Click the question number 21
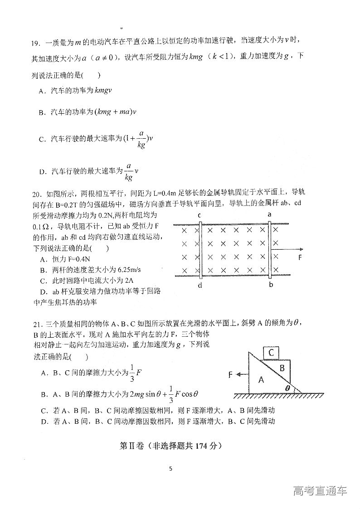pyautogui.click(x=36, y=324)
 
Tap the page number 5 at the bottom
pyautogui.click(x=170, y=469)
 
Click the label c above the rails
pyautogui.click(x=199, y=214)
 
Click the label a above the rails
pyautogui.click(x=270, y=214)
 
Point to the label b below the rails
pyautogui.click(x=270, y=285)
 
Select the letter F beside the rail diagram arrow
pyautogui.click(x=300, y=257)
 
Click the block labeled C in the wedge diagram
pyautogui.click(x=271, y=353)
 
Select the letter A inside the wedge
pyautogui.click(x=261, y=380)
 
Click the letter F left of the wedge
pyautogui.click(x=231, y=375)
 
